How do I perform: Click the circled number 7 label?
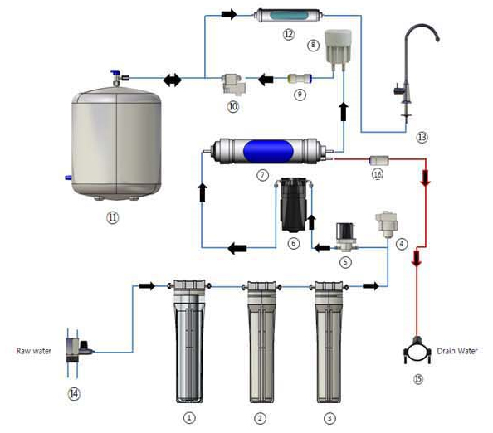(262, 175)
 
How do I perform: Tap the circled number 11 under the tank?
(113, 217)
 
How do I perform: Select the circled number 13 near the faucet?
(422, 138)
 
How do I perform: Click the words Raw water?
(34, 351)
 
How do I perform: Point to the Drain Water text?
(457, 351)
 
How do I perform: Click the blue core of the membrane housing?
(268, 151)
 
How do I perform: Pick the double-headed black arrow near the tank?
(173, 80)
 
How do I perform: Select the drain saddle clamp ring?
(417, 351)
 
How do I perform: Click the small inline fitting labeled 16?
(378, 160)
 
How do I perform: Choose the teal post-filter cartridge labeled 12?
(287, 16)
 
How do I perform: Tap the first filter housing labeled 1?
(189, 341)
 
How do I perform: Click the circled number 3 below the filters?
(329, 418)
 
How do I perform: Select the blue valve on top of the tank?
(117, 77)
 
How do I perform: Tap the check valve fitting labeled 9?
(300, 78)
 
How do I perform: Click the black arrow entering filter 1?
(147, 286)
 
